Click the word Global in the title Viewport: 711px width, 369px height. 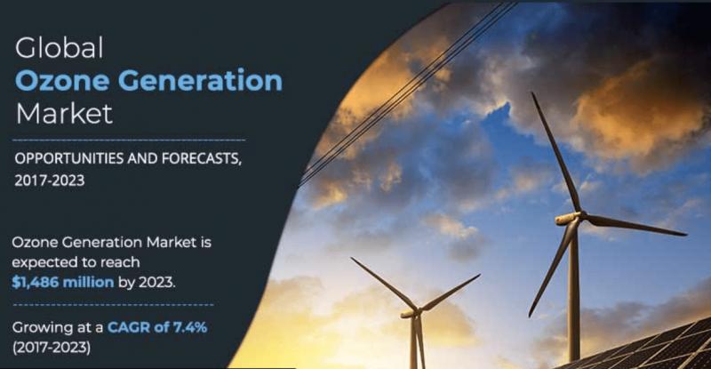60,48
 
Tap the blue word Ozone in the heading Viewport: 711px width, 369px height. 62,80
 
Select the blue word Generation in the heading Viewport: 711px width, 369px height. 201,80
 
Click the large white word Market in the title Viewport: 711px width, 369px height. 64,113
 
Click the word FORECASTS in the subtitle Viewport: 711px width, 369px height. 201,159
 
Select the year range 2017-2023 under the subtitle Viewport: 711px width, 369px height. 50,180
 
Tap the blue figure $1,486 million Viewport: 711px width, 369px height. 62,283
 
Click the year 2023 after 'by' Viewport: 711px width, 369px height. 156,283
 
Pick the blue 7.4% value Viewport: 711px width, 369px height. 189,327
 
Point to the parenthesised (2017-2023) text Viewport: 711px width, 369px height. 52,348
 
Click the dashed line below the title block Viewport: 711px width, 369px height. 129,140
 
